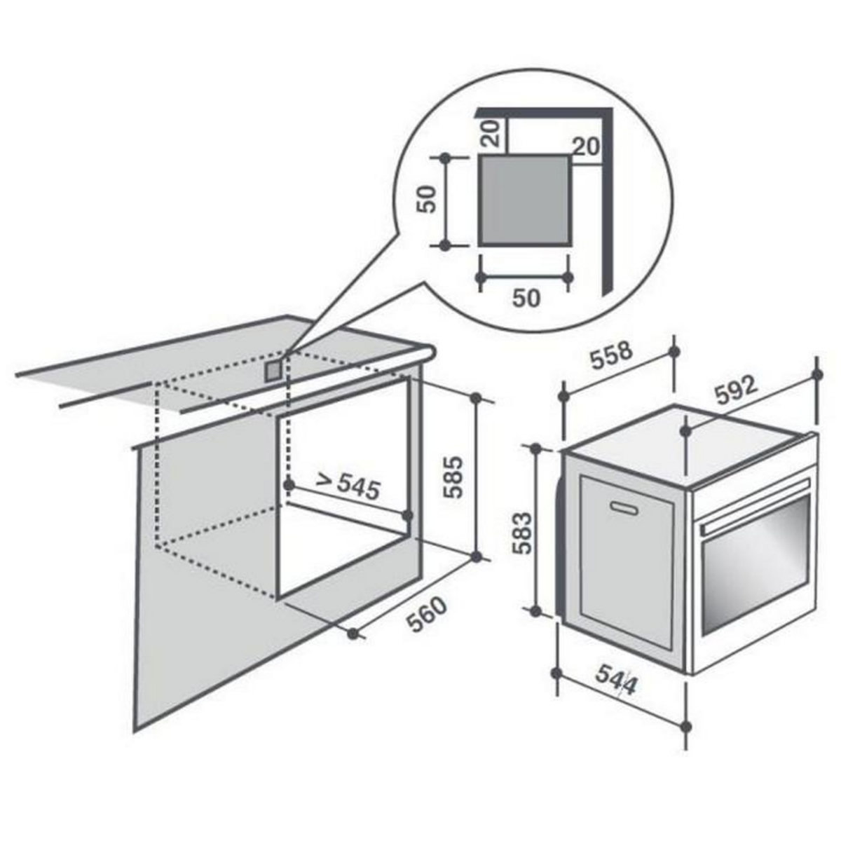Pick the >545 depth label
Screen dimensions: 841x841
tap(347, 484)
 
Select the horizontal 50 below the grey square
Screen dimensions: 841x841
tap(527, 298)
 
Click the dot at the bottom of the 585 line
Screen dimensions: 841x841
tap(477, 556)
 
